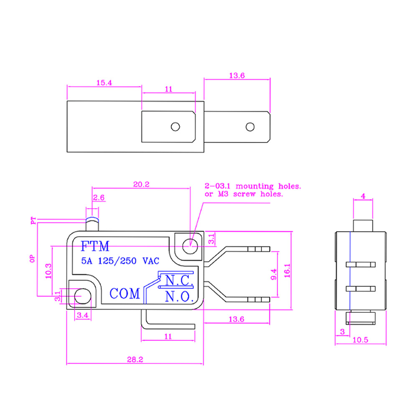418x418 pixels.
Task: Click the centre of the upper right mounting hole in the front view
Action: [190, 246]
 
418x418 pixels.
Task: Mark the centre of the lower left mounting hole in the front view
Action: [83, 296]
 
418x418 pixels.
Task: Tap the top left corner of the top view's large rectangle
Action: [67, 101]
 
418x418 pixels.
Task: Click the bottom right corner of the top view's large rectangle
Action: [204, 152]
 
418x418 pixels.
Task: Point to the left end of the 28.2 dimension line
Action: [66, 363]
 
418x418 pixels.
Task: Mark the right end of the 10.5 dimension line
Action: [386, 344]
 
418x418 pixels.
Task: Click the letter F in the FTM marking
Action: [84, 246]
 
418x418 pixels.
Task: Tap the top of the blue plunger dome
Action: [92, 218]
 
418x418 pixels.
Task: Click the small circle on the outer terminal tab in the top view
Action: [250, 127]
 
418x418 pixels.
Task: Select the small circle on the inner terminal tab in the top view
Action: [176, 127]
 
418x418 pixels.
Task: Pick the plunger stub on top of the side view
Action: [363, 226]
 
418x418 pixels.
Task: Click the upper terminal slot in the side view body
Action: [361, 265]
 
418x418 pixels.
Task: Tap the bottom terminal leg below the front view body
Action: [168, 319]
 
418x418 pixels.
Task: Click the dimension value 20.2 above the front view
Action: [141, 184]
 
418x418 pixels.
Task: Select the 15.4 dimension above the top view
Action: [104, 83]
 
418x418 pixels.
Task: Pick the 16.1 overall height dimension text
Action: [287, 270]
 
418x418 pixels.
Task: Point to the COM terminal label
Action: [125, 293]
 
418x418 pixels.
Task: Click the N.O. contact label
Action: [179, 296]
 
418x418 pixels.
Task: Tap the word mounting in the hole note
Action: [255, 186]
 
